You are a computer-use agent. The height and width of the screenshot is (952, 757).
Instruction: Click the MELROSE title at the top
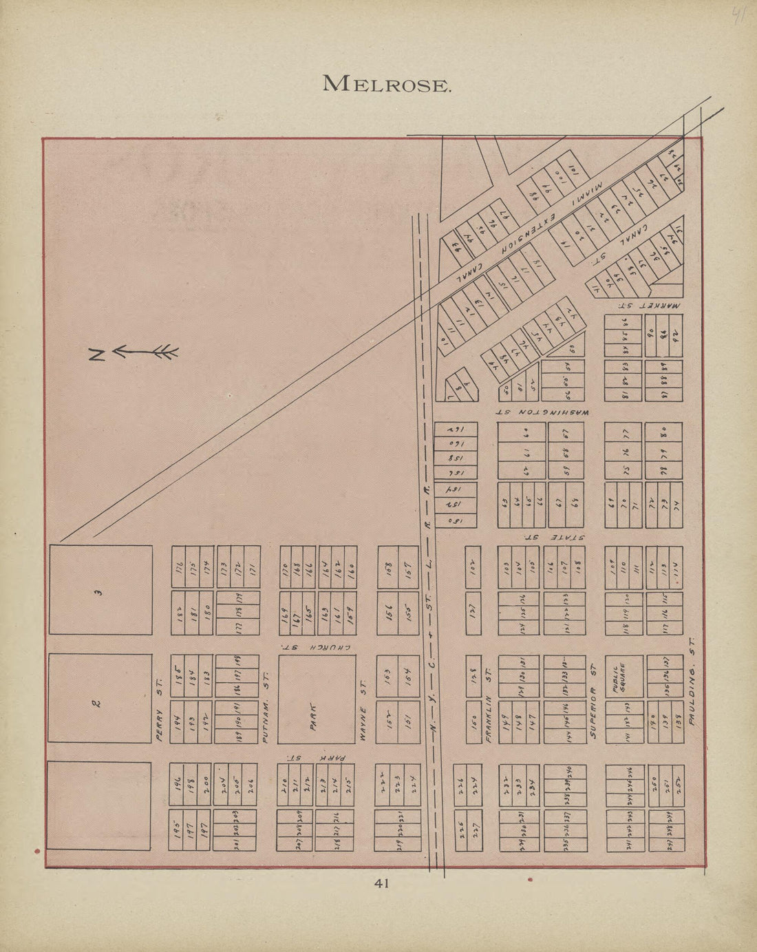tap(387, 84)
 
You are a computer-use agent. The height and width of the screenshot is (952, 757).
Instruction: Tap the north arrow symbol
tap(134, 353)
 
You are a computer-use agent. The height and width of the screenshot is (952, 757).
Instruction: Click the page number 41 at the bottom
tap(382, 883)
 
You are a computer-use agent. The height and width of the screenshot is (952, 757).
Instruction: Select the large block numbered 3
tap(100, 590)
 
